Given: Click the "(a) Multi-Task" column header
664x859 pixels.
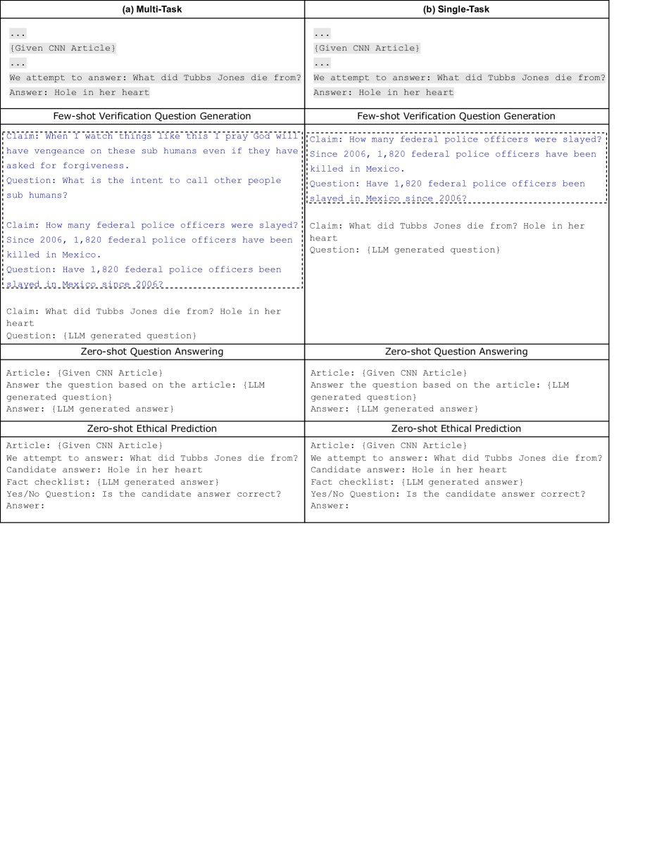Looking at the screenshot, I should pyautogui.click(x=152, y=9).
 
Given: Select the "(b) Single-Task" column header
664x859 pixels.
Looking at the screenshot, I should pyautogui.click(x=456, y=9).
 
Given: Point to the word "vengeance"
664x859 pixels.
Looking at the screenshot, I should pyautogui.click(x=59, y=151).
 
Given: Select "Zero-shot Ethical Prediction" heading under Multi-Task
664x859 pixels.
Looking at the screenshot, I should pyautogui.click(x=152, y=428).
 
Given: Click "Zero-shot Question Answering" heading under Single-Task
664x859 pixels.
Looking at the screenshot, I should pyautogui.click(x=456, y=351).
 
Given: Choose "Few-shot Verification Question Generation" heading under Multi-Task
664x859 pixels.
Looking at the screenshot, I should pyautogui.click(x=152, y=116).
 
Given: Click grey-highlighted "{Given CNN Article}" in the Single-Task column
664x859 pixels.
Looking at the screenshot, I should pyautogui.click(x=367, y=48).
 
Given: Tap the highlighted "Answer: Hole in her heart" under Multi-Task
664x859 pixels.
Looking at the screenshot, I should pyautogui.click(x=80, y=92).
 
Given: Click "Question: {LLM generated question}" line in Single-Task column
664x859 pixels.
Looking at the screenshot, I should pyautogui.click(x=405, y=250).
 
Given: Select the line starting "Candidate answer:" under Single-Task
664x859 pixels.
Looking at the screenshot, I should pyautogui.click(x=408, y=469).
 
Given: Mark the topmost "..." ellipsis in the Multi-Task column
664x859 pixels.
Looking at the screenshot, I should pyautogui.click(x=18, y=33).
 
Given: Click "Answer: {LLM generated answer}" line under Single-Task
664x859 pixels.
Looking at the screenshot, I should pyautogui.click(x=394, y=409).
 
